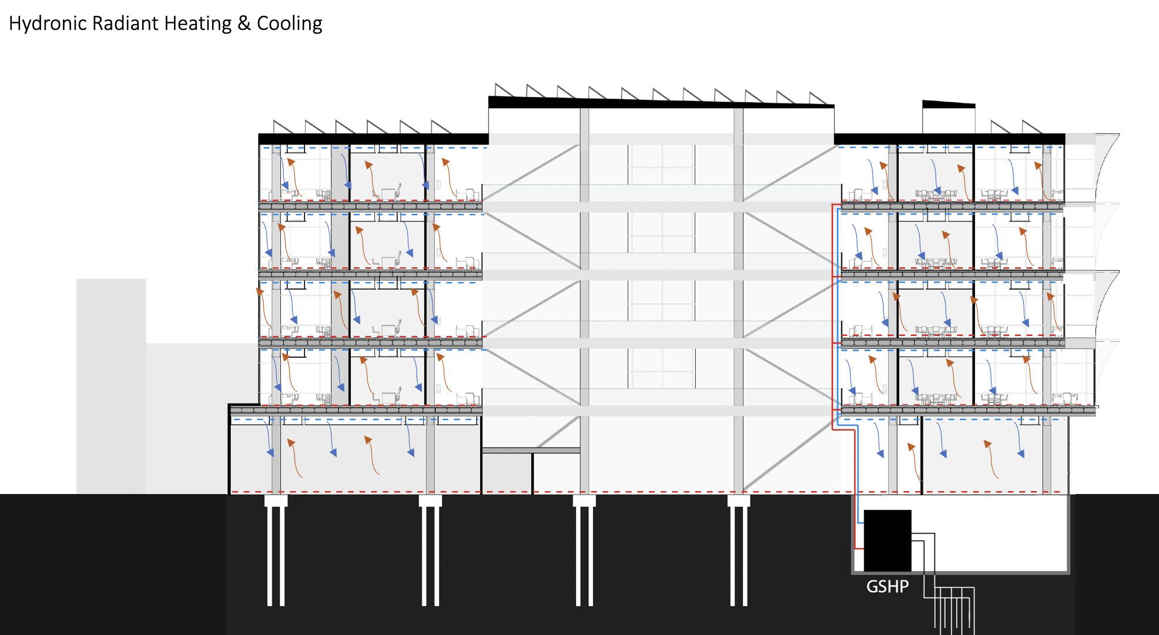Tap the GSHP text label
(887, 586)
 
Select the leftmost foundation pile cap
(276, 500)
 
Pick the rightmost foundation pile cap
(739, 500)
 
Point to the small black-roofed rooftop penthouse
(948, 117)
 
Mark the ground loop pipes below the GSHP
(955, 611)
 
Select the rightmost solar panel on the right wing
(1032, 127)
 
